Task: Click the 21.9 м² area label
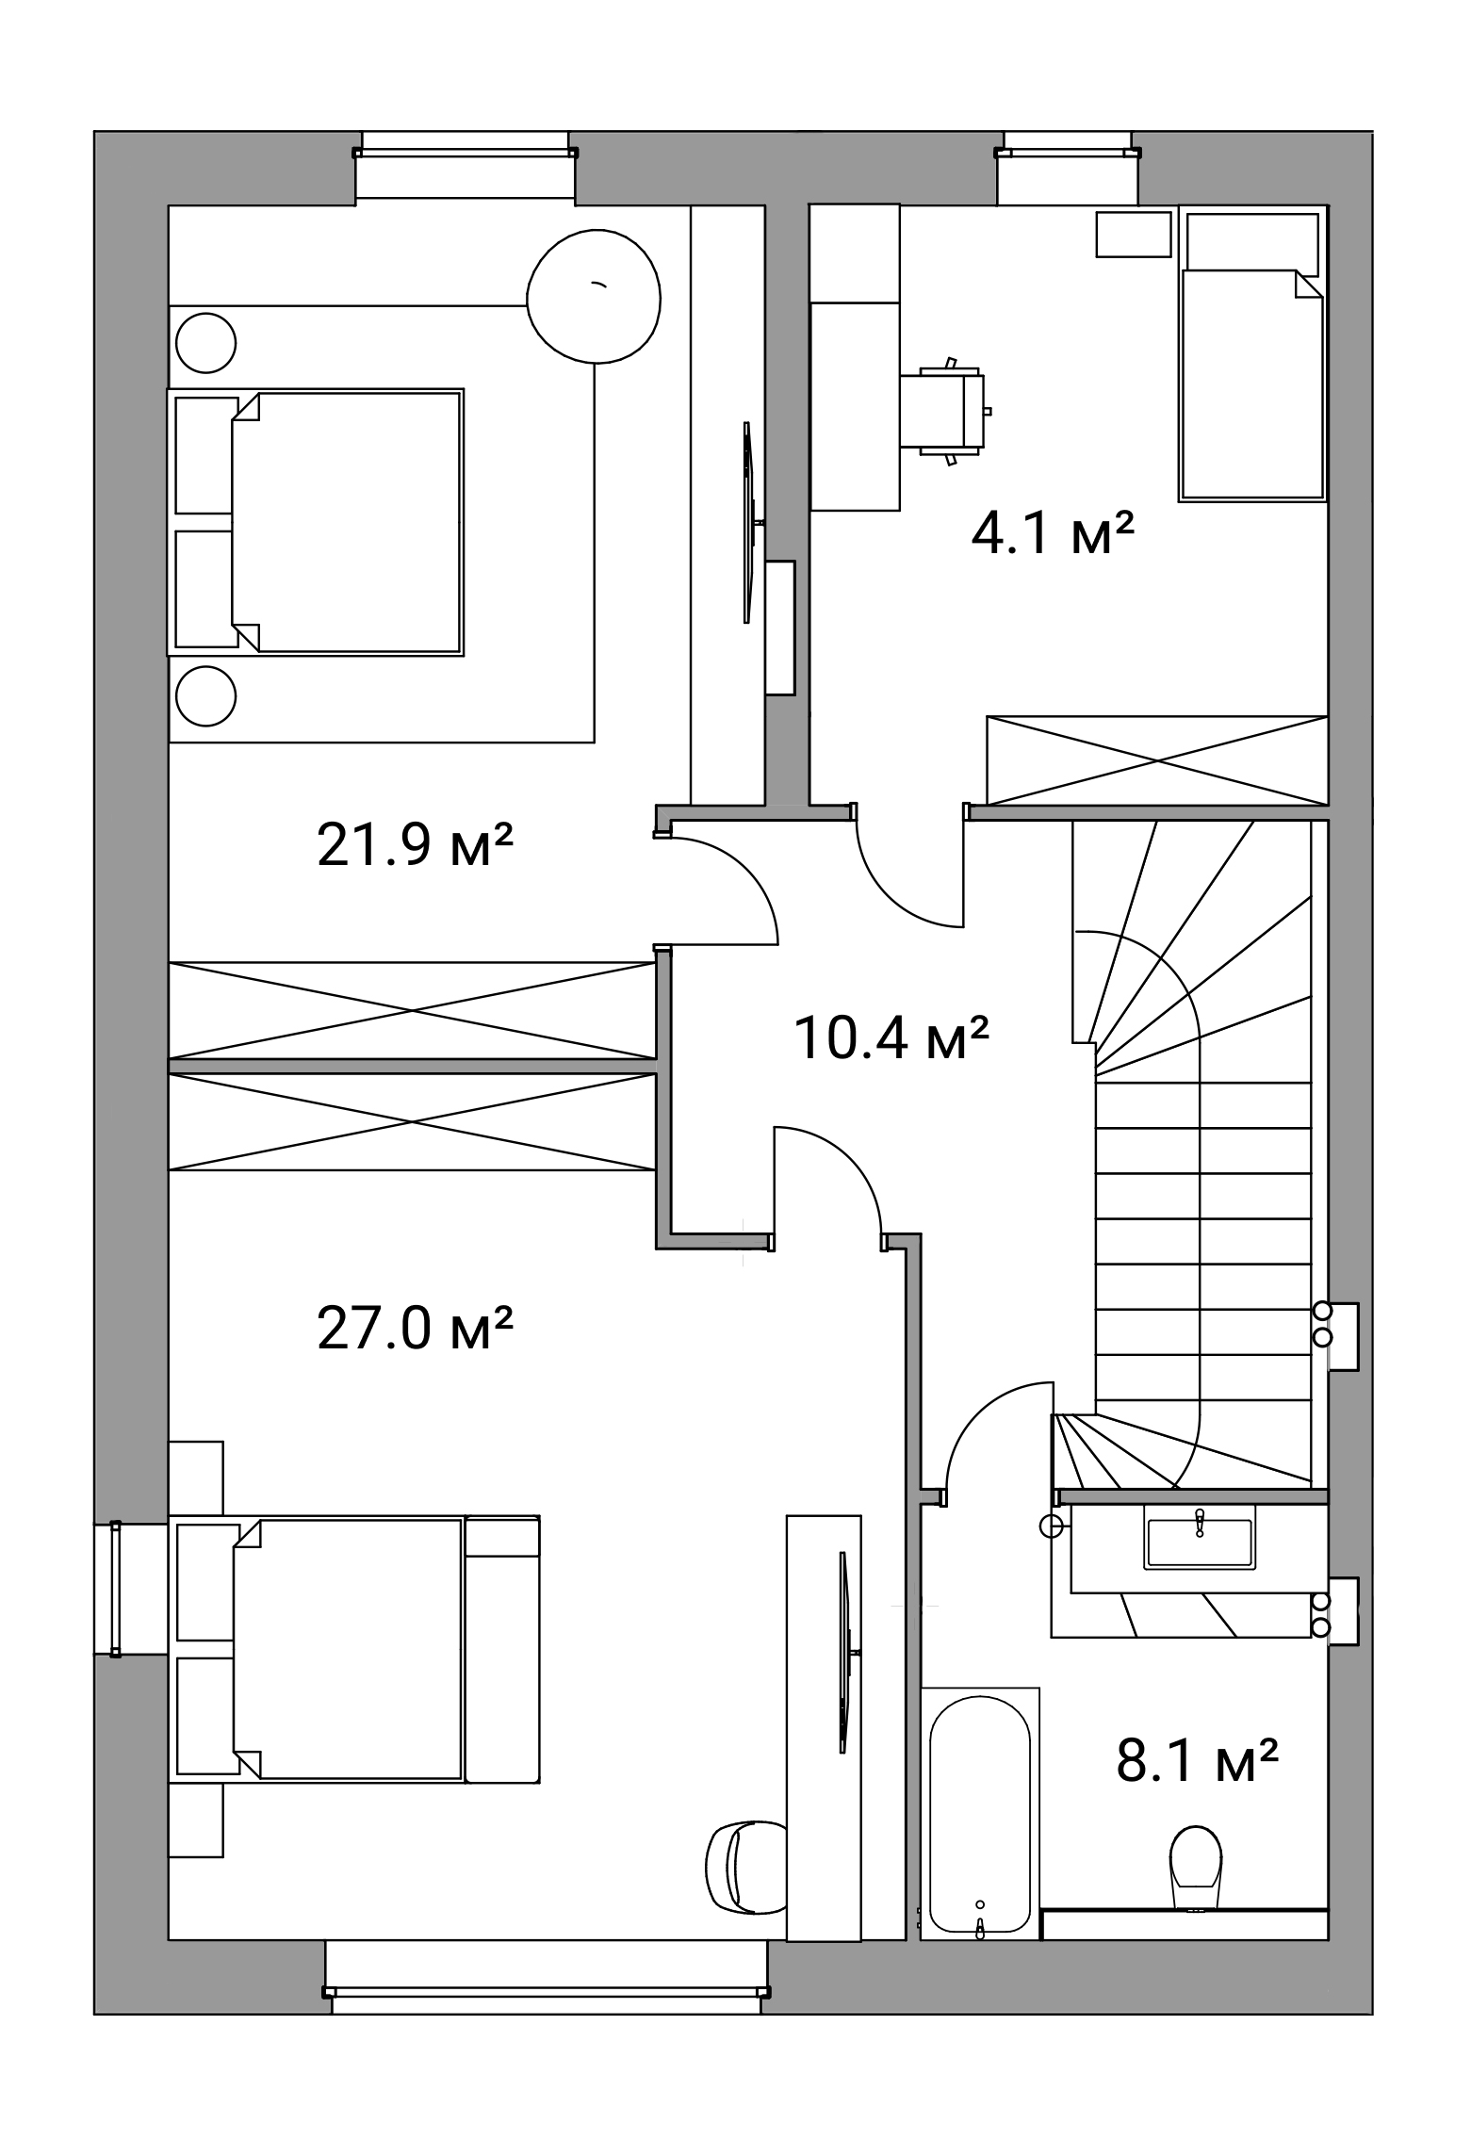pos(415,844)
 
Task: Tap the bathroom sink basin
pos(1200,1536)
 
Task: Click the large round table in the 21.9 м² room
pos(594,298)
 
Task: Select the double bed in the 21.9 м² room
pos(317,522)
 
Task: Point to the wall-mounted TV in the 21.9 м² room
pos(749,521)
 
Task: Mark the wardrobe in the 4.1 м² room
pos(1157,759)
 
